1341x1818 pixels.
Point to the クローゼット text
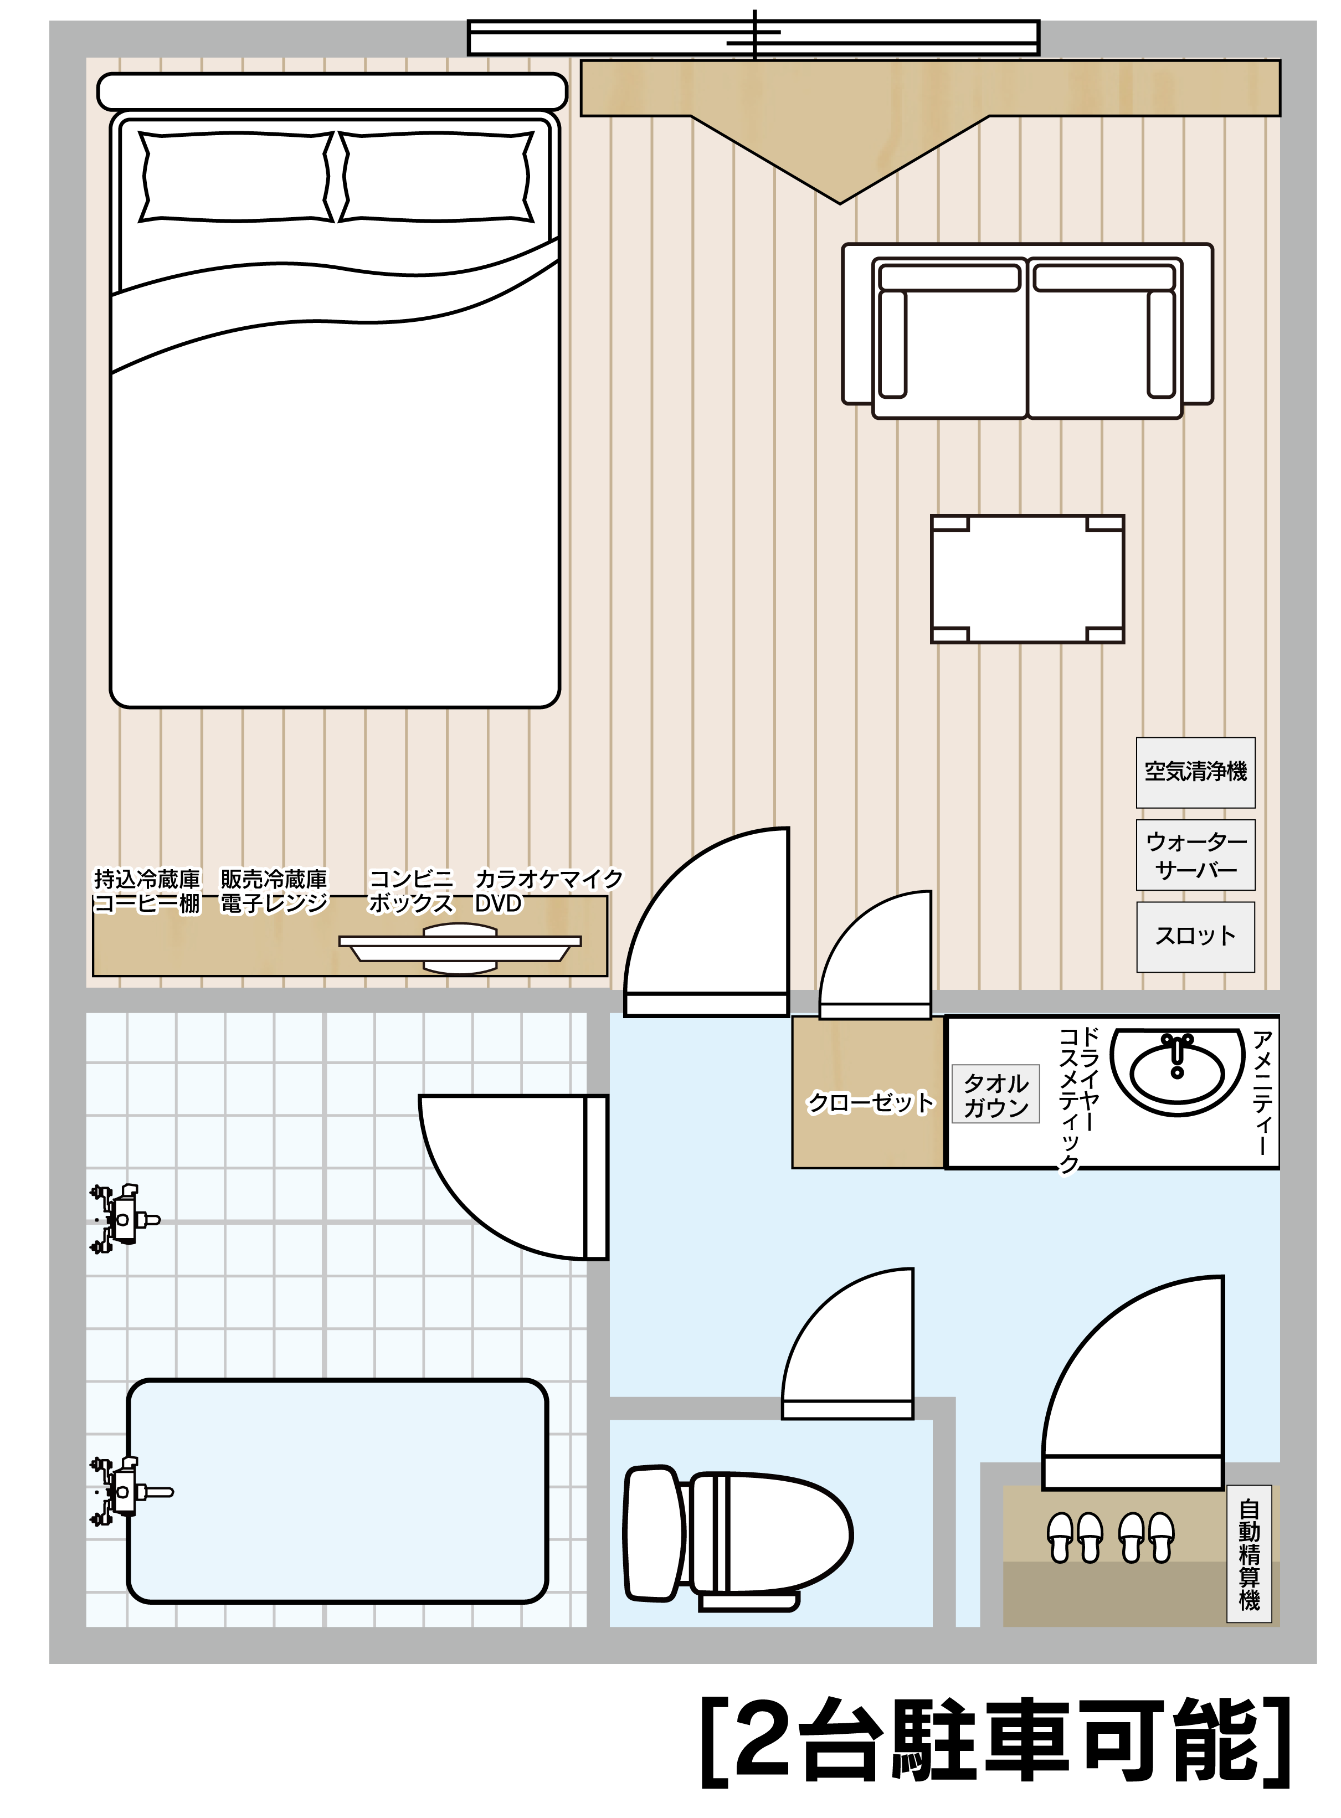pos(870,1102)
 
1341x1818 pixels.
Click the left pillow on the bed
pos(235,176)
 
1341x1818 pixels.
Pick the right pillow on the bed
pos(436,176)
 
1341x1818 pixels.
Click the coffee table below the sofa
pos(1027,579)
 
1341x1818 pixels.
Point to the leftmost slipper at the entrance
pos(1060,1537)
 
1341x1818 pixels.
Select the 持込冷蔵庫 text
pos(147,879)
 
